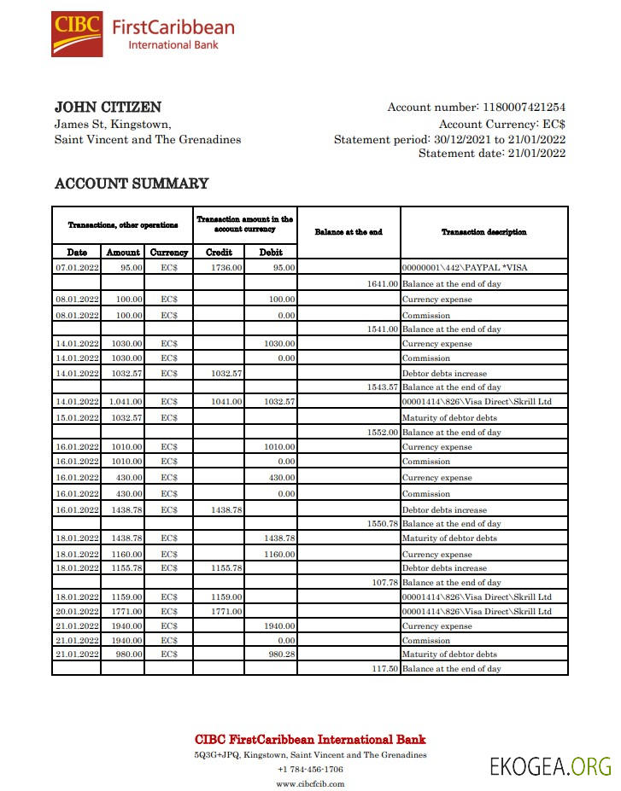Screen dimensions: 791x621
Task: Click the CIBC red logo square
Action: pyautogui.click(x=77, y=34)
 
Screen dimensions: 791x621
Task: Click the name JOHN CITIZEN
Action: pyautogui.click(x=108, y=108)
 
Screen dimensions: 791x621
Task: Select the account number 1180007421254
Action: pyautogui.click(x=524, y=108)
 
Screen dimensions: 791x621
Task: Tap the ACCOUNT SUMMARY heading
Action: pyautogui.click(x=132, y=183)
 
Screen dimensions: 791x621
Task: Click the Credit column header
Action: pyautogui.click(x=220, y=253)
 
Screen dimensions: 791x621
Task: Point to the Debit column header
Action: pyautogui.click(x=272, y=253)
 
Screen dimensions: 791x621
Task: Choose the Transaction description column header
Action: pyautogui.click(x=483, y=232)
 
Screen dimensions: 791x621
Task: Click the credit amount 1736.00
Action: pyautogui.click(x=227, y=268)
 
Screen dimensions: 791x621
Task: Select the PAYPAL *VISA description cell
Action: pyautogui.click(x=465, y=268)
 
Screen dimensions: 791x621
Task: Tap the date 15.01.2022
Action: pyautogui.click(x=77, y=418)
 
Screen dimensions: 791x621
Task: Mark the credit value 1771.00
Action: pyautogui.click(x=227, y=611)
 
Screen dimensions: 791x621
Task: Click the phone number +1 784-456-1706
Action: pyautogui.click(x=310, y=769)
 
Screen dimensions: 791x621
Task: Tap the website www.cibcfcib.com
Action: pyautogui.click(x=310, y=783)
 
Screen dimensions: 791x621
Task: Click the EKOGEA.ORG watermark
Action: pyautogui.click(x=550, y=765)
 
